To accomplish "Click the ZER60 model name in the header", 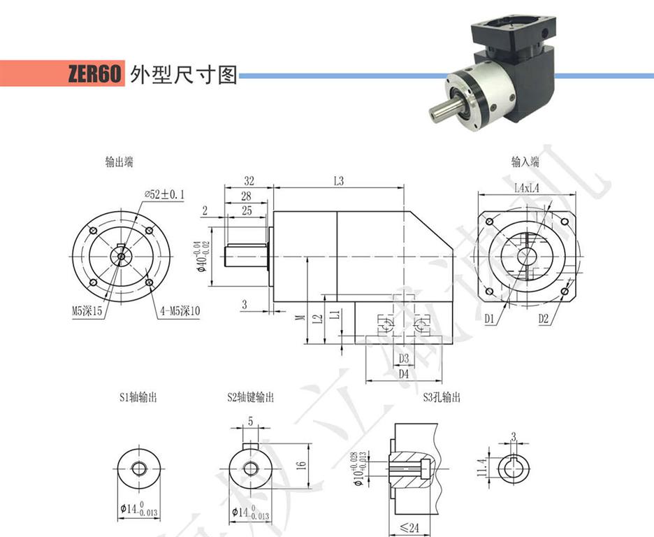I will point(95,74).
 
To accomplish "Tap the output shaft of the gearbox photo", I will point(440,110).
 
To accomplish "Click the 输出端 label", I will point(119,162).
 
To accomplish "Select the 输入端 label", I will point(525,162).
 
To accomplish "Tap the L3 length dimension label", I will point(339,180).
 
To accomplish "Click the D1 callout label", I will point(490,319).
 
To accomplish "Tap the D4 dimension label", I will point(403,374).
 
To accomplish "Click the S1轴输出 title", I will point(137,398).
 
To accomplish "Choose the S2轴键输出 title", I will point(250,398).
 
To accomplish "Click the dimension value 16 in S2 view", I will point(301,464).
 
